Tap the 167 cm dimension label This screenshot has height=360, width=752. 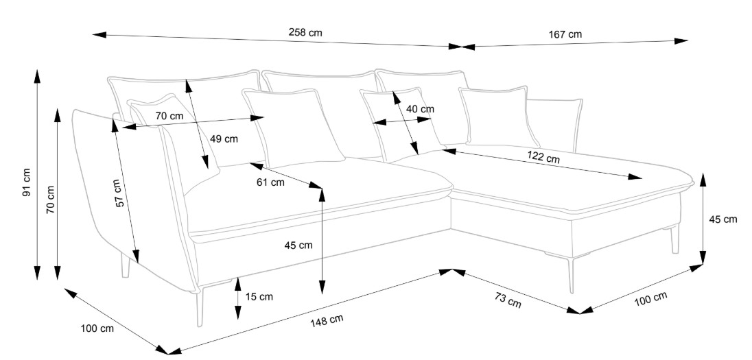coord(565,34)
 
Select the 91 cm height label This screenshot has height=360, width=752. coord(26,182)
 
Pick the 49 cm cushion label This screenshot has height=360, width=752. coord(224,139)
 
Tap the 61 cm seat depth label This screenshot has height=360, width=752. coord(270,182)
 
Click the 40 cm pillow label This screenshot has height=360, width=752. coord(420,109)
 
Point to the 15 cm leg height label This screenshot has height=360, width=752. coord(259,297)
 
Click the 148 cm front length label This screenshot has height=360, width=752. coord(327,320)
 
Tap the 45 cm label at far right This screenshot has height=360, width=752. coord(722,219)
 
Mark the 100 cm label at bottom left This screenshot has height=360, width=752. coord(97,328)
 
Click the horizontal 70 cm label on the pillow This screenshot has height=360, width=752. coord(169,116)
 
